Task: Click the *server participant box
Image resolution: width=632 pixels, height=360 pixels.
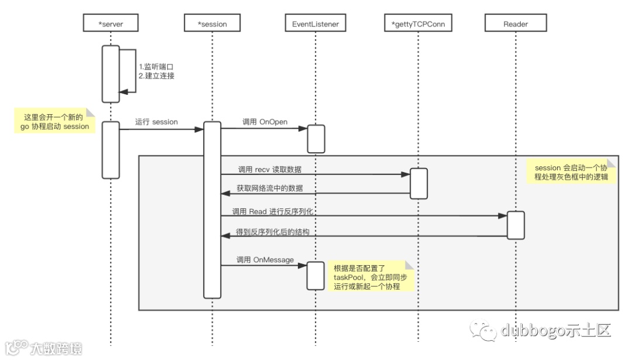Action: pyautogui.click(x=111, y=23)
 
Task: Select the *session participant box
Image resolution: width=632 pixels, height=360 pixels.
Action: pyautogui.click(x=212, y=23)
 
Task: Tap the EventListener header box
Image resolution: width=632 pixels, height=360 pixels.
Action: pyautogui.click(x=315, y=23)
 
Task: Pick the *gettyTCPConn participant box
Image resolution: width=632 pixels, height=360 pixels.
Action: pyautogui.click(x=418, y=23)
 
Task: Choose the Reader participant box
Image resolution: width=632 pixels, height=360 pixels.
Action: pyautogui.click(x=516, y=23)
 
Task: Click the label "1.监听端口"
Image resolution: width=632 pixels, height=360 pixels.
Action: pyautogui.click(x=156, y=67)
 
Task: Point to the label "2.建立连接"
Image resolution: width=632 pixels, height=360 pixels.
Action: pyautogui.click(x=156, y=76)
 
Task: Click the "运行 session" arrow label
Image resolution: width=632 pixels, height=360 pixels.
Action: pyautogui.click(x=156, y=122)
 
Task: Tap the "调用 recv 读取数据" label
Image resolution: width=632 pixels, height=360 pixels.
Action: pyautogui.click(x=270, y=169)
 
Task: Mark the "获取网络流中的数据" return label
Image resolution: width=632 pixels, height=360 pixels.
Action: pyautogui.click(x=270, y=188)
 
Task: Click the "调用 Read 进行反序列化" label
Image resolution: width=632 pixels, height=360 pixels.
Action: pyautogui.click(x=274, y=211)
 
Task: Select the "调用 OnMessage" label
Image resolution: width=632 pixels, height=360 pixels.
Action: pyautogui.click(x=265, y=259)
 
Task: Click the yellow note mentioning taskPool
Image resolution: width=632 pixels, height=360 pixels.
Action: pyautogui.click(x=370, y=276)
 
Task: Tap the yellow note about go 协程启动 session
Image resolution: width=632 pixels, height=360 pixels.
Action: pyautogui.click(x=53, y=121)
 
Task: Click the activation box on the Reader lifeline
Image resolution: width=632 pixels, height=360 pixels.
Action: pyautogui.click(x=516, y=225)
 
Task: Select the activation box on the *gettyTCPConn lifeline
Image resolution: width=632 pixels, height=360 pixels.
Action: pyautogui.click(x=418, y=183)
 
